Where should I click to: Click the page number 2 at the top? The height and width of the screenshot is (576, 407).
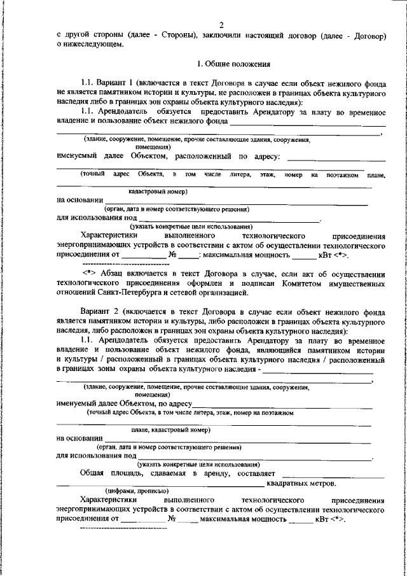221,25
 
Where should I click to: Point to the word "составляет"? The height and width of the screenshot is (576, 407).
255,474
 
